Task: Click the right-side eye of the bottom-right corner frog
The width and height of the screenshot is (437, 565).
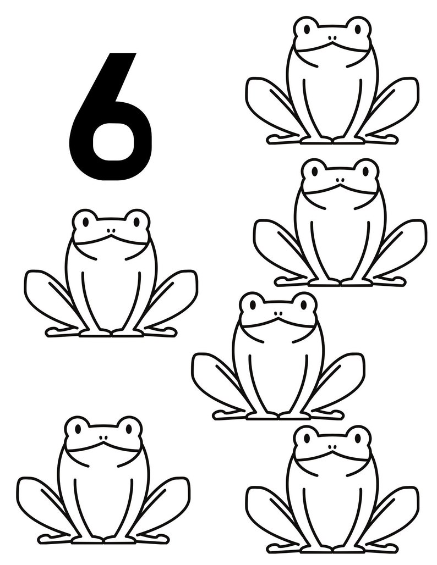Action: pos(358,438)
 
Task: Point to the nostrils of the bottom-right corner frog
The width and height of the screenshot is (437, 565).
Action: pos(332,448)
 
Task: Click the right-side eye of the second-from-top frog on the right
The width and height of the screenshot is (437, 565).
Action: pos(366,171)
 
